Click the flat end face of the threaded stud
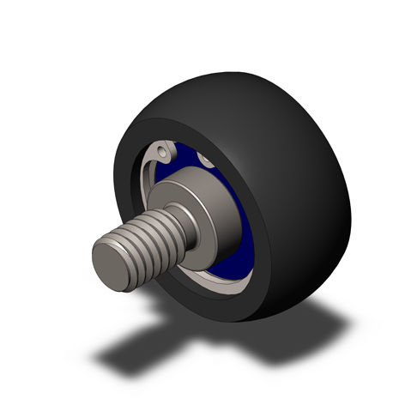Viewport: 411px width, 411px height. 114,262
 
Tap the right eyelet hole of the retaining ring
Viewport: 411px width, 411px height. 207,160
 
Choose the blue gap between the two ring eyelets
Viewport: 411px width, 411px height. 186,152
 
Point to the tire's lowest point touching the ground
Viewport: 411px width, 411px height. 245,317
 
